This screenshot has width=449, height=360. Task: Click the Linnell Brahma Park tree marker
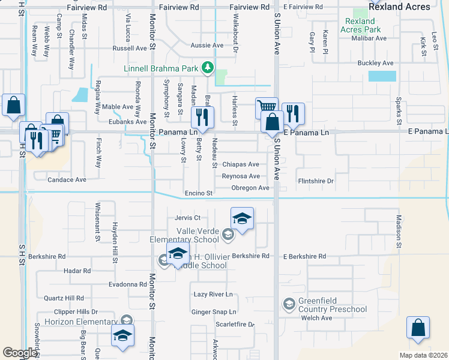[208, 68]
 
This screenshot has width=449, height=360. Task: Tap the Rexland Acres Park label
[360, 25]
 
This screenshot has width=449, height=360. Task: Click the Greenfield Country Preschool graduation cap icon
[289, 305]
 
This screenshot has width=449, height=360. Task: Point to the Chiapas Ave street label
[241, 164]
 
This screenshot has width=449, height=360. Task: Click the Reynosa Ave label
[241, 176]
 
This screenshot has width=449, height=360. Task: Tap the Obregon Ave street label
[250, 188]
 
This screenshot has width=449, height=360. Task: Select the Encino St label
[199, 193]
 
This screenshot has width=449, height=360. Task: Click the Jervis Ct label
[187, 218]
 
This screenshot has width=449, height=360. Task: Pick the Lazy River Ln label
[212, 295]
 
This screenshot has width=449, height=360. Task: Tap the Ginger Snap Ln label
[214, 312]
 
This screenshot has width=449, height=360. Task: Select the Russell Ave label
[130, 48]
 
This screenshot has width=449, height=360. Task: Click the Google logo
[20, 352]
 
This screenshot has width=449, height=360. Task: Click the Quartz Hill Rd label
[64, 298]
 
